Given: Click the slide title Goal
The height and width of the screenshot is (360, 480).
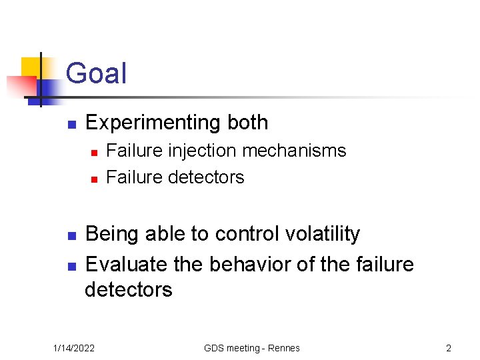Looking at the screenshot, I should pos(96,73).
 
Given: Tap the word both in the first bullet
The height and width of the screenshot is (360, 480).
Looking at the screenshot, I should pos(247,123).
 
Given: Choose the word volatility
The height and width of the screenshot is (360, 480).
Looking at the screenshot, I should pos(322,234).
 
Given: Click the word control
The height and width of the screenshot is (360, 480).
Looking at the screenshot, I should pos(247,234).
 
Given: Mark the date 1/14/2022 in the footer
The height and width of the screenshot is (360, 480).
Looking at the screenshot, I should pos(74,348).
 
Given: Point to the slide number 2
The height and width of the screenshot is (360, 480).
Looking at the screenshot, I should pos(449,348).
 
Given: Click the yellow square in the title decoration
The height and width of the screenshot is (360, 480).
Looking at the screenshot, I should pos(31,67).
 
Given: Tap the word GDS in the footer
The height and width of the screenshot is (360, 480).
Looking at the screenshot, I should pos(215,348).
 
